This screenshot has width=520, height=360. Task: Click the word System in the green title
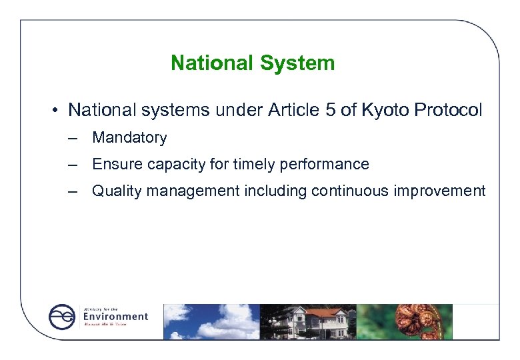[297, 63]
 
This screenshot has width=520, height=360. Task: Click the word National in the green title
[213, 63]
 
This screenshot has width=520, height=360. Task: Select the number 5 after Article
[330, 110]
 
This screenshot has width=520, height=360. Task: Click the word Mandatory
[129, 138]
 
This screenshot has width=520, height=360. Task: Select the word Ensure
[113, 165]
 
